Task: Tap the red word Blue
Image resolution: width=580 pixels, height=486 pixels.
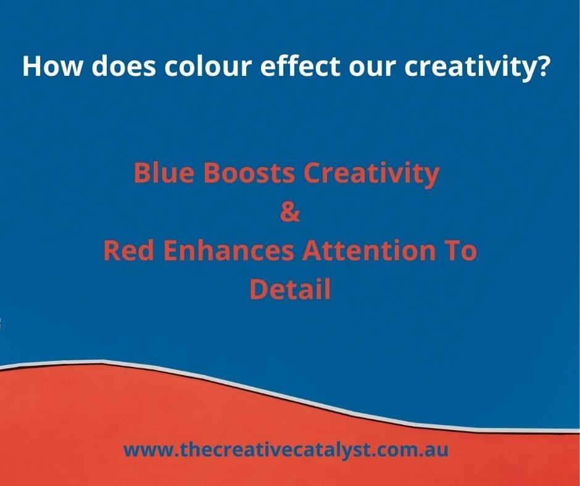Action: pos(164,172)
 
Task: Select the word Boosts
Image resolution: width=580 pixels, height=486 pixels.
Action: pos(249,172)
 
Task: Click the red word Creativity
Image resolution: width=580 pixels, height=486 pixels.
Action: pos(371,174)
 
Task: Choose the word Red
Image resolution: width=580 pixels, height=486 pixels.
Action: pos(128,250)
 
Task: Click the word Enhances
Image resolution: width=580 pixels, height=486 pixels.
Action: pos(228,250)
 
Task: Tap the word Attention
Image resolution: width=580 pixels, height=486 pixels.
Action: pos(369,250)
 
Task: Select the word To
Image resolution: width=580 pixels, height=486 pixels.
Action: pos(460,250)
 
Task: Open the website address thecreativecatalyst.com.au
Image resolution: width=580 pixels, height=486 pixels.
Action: pos(286,450)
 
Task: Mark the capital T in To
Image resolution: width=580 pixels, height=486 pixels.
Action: pos(452,250)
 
